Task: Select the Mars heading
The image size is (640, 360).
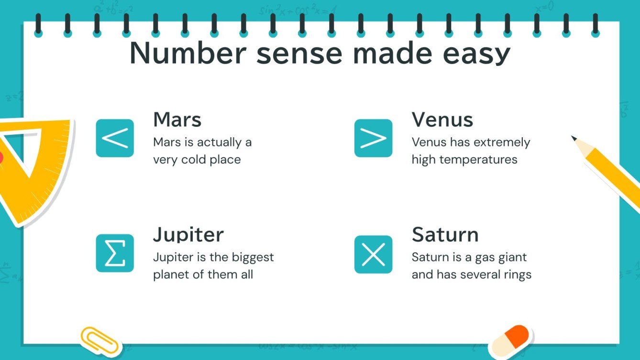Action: pos(177,120)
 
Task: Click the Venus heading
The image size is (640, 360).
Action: pos(442,120)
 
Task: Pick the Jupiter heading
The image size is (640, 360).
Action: pos(188,235)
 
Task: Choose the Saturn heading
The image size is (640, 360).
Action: pos(445,235)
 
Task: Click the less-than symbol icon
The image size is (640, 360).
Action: pos(115,138)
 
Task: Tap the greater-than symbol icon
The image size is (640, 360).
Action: pos(373,138)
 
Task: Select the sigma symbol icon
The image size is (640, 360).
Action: pos(115,253)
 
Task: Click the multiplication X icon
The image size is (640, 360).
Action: pos(373,254)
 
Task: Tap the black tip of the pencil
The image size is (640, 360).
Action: pos(574,139)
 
